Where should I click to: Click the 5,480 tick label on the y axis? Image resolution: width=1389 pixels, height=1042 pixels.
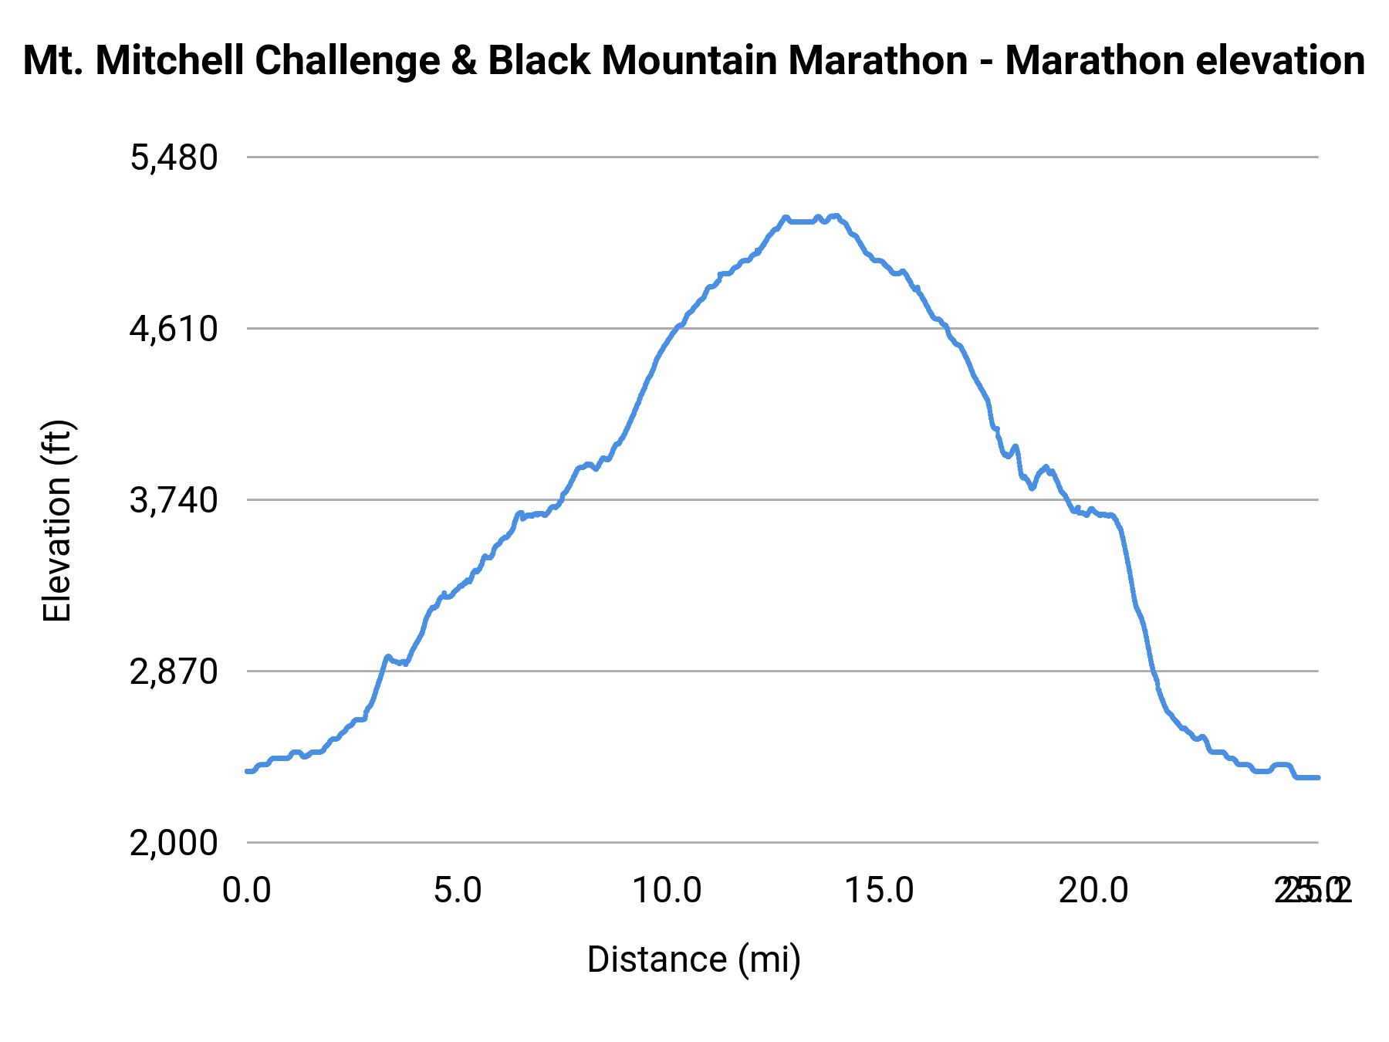click(x=174, y=158)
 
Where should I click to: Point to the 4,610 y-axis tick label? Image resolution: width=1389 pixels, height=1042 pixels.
click(x=174, y=330)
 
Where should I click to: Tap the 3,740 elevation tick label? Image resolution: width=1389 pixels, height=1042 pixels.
click(x=174, y=501)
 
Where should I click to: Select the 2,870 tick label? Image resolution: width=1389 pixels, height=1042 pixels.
click(x=174, y=672)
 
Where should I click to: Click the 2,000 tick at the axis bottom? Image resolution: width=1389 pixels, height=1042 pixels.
click(x=174, y=844)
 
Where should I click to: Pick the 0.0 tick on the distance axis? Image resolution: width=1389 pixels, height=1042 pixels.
click(x=247, y=891)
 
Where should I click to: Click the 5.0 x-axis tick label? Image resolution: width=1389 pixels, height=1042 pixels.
click(x=458, y=891)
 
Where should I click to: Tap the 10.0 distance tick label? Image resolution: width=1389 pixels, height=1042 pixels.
click(x=667, y=891)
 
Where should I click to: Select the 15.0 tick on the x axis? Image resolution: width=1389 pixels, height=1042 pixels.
click(x=880, y=891)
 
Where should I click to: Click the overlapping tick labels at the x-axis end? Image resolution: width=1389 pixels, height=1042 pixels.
click(x=1312, y=891)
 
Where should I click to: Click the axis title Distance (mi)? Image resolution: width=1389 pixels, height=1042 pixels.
click(x=694, y=959)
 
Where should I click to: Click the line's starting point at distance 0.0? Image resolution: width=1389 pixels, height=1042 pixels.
click(x=248, y=771)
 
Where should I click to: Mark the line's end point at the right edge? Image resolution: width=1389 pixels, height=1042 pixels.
click(x=1318, y=777)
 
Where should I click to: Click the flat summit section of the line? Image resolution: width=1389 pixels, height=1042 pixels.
click(x=803, y=222)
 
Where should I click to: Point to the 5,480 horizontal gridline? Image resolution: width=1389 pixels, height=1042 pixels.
click(x=772, y=157)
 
